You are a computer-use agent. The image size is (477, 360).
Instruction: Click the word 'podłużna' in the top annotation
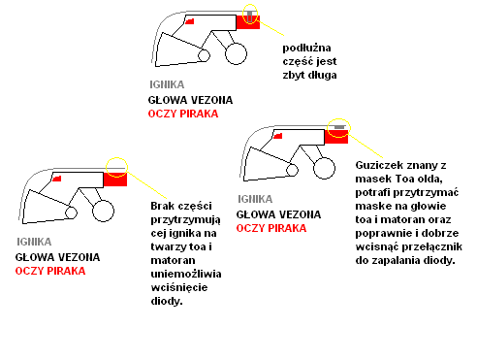(306, 49)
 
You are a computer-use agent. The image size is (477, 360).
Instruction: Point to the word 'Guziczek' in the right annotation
(377, 165)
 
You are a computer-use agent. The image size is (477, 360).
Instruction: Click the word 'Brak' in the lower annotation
(163, 206)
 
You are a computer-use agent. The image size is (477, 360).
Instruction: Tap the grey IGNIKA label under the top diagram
(167, 84)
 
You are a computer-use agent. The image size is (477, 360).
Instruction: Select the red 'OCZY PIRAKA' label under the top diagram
(183, 114)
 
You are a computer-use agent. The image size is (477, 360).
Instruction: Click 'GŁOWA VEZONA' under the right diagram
(278, 214)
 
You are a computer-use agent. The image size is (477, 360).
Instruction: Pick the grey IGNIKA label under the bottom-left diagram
(34, 242)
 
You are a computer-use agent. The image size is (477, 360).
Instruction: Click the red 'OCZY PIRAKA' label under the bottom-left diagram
(50, 271)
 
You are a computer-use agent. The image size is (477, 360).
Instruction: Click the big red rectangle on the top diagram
(248, 22)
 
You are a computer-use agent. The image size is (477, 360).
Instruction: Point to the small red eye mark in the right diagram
(278, 136)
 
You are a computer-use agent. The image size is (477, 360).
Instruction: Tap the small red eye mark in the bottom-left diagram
(57, 179)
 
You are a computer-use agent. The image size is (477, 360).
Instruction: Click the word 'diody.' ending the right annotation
(439, 260)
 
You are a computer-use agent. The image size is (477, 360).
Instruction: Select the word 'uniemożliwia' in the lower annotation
(186, 274)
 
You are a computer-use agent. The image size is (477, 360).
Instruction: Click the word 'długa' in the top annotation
(322, 75)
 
